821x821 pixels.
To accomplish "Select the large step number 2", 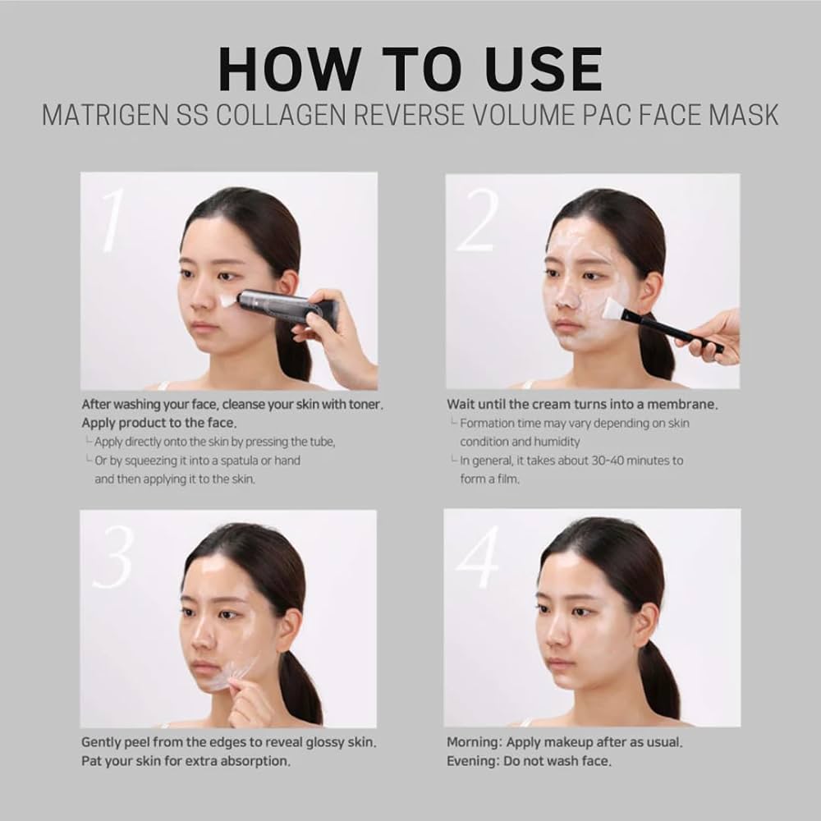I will coord(476,220).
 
